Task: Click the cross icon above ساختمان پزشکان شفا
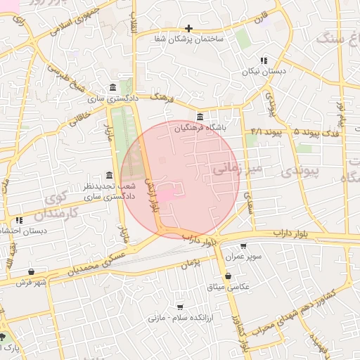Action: [189, 28]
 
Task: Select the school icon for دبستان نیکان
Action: [264, 61]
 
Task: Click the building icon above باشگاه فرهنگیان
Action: [200, 117]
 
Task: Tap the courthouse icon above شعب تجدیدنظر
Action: [108, 175]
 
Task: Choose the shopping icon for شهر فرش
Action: [31, 271]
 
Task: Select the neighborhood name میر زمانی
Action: [236, 169]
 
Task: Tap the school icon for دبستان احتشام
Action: [19, 220]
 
